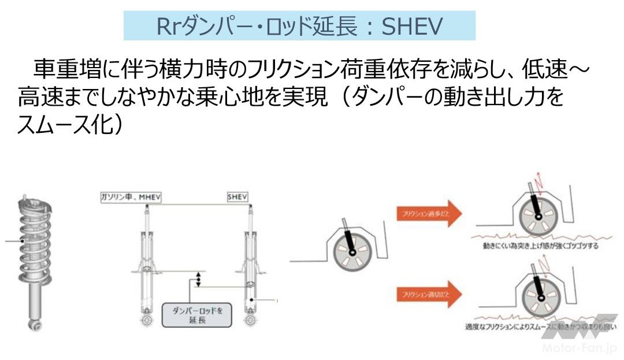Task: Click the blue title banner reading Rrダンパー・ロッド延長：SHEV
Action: tap(299, 26)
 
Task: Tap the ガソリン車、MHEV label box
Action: tap(130, 198)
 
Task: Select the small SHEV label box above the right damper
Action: tap(237, 198)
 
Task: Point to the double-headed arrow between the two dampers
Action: tap(198, 279)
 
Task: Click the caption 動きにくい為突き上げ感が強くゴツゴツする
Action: tap(541, 246)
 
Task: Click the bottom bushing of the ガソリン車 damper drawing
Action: tap(146, 319)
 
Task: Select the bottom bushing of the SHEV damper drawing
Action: tap(250, 319)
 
